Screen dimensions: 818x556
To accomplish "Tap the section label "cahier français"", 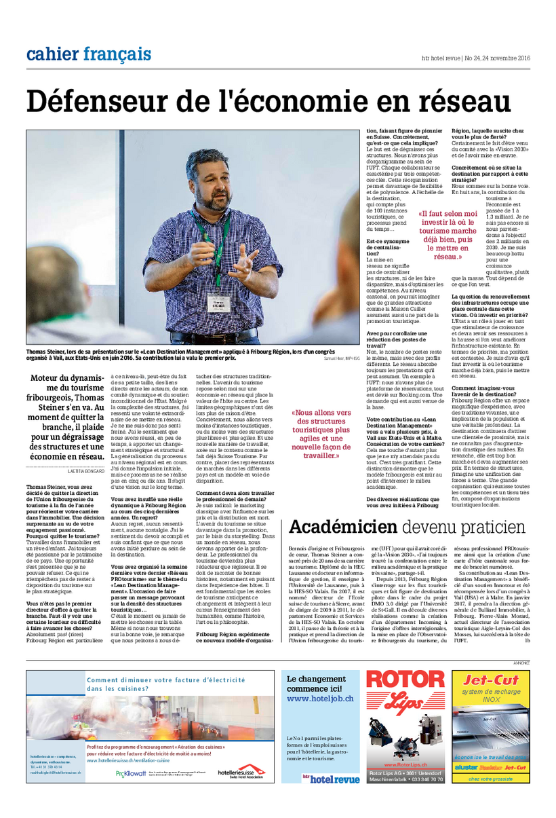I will pyautogui.click(x=89, y=54).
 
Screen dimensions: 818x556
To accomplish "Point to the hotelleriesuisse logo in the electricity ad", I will pyautogui.click(x=236, y=773).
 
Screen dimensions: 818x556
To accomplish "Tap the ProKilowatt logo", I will pyautogui.click(x=130, y=773).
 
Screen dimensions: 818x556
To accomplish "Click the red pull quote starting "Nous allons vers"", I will pyautogui.click(x=322, y=434).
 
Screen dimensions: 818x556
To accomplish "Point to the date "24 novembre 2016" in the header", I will pyautogui.click(x=506, y=58).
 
